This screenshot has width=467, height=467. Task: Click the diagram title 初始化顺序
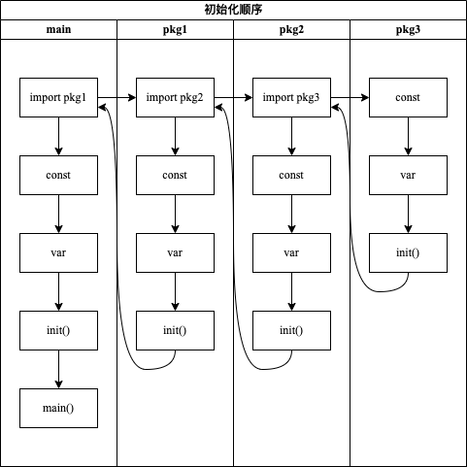tap(233, 10)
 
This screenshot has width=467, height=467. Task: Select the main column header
tap(59, 29)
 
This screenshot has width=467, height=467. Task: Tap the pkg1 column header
tap(175, 29)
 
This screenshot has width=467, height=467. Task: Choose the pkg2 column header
tap(291, 29)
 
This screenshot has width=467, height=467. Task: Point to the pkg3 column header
tap(408, 29)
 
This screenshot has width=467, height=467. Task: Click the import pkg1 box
tap(59, 98)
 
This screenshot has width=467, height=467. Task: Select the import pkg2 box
tap(175, 98)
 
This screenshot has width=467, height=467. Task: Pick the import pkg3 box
tap(291, 98)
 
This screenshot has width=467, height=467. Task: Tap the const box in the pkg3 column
tap(408, 98)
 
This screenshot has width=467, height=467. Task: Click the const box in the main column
tap(59, 176)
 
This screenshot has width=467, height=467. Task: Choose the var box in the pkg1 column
tap(175, 253)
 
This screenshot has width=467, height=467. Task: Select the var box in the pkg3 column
tap(408, 176)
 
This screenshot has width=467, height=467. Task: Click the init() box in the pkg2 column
tap(291, 331)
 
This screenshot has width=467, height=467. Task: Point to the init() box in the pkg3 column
tap(408, 253)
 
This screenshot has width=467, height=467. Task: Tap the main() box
tap(59, 409)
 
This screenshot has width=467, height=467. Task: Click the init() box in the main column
tap(59, 331)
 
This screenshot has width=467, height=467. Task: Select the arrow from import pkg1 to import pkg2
tap(117, 98)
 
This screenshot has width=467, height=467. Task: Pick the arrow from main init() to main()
tap(59, 370)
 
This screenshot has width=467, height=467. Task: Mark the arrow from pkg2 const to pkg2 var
tap(291, 215)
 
